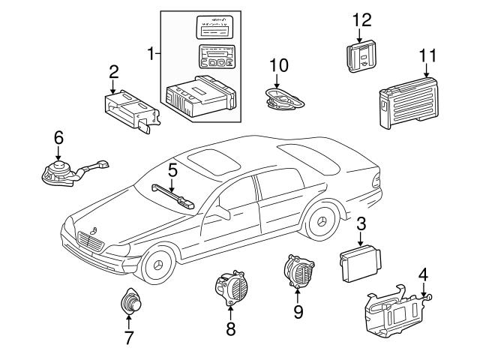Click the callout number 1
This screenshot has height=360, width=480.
pyautogui.click(x=152, y=54)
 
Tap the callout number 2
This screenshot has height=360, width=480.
pyautogui.click(x=113, y=72)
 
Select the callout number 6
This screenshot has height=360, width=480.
pyautogui.click(x=58, y=137)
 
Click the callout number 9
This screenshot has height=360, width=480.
pyautogui.click(x=298, y=310)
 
